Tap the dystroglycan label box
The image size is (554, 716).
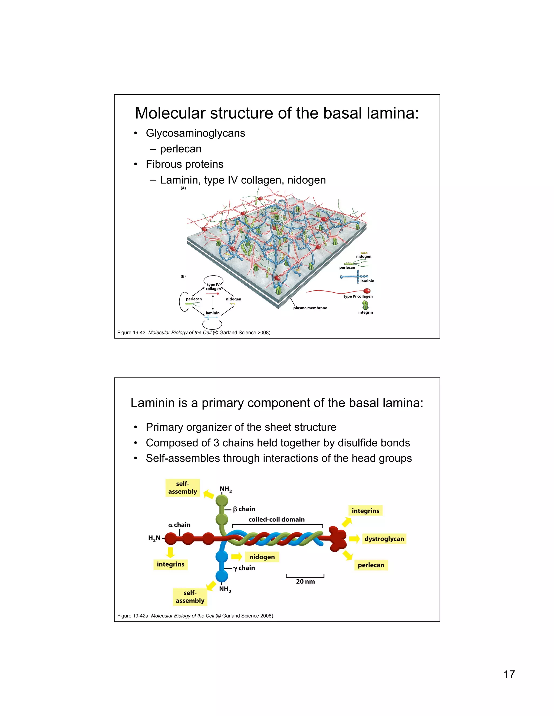click(384, 539)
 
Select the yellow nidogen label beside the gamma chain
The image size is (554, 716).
click(262, 557)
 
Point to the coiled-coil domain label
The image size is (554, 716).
click(276, 519)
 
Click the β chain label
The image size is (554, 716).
click(244, 509)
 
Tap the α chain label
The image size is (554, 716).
click(179, 524)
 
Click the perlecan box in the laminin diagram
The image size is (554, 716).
click(371, 565)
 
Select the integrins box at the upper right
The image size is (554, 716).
click(365, 510)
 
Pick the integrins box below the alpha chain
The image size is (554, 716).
click(170, 564)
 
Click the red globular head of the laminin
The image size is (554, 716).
click(337, 539)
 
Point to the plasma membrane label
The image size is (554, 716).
click(310, 308)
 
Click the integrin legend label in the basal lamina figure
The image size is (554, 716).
click(365, 312)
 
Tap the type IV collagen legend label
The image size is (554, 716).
click(358, 296)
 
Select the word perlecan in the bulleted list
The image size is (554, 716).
click(180, 149)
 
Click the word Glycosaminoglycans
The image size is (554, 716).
click(195, 133)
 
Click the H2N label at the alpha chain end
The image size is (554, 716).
click(154, 538)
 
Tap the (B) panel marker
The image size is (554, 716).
click(183, 276)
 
